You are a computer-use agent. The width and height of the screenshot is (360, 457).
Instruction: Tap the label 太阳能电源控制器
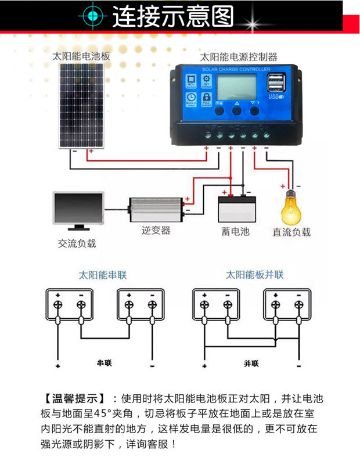(x=238, y=57)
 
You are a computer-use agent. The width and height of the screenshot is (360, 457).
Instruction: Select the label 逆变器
(x=156, y=230)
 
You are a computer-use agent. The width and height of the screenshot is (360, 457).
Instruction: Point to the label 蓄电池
(x=235, y=231)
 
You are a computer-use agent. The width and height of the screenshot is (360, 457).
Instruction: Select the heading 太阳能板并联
(x=254, y=275)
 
